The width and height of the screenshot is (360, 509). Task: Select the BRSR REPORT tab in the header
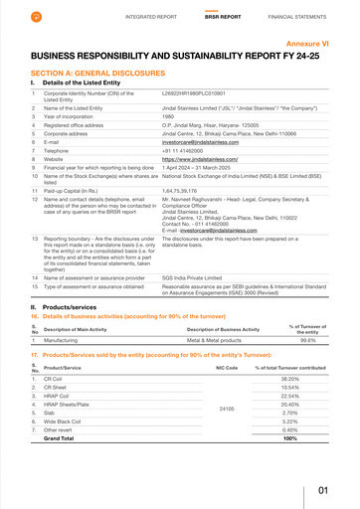[x=223, y=17]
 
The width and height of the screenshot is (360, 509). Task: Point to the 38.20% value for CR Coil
[x=289, y=380]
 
